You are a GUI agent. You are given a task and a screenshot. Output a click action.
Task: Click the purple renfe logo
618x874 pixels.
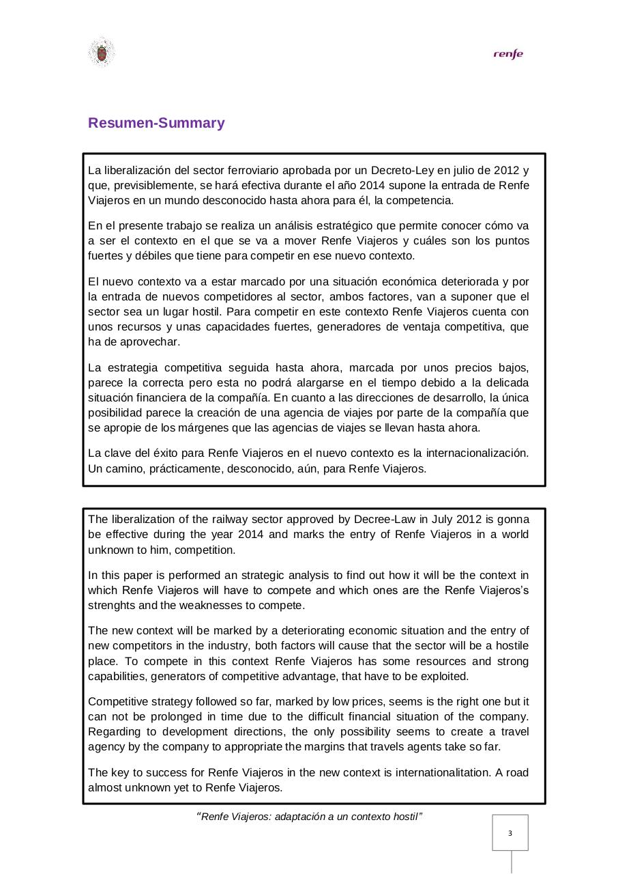[x=508, y=55]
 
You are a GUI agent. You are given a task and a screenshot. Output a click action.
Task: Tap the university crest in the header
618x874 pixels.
[x=101, y=53]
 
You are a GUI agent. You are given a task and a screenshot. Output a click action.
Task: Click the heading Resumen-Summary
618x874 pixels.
[x=156, y=123]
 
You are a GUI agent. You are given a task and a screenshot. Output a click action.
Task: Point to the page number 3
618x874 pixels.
[x=510, y=833]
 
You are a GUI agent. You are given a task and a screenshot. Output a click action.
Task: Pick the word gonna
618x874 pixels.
[x=512, y=519]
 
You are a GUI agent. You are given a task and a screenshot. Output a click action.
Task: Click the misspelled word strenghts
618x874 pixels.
[x=113, y=606]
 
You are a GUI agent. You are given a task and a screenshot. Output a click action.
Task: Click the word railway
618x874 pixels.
[x=213, y=519]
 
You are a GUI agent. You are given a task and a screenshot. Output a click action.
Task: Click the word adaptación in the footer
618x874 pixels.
[x=302, y=817]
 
